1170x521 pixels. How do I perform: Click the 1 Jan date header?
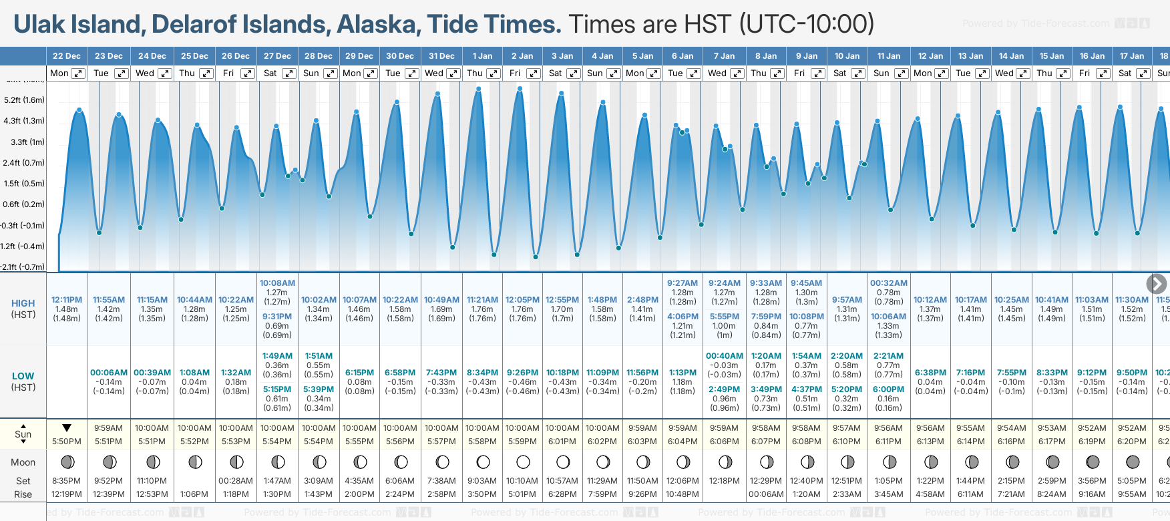[x=482, y=56]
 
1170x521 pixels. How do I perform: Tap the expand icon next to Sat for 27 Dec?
[x=289, y=73]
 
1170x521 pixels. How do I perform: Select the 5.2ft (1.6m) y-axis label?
[x=24, y=100]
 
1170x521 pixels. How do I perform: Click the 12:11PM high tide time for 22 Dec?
[x=67, y=300]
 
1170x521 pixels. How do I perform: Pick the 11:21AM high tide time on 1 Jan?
[x=482, y=300]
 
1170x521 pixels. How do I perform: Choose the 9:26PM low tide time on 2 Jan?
[x=522, y=373]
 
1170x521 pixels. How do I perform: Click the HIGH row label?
[x=23, y=303]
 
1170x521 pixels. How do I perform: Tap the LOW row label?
[x=23, y=376]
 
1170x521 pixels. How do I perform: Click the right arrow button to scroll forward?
[x=1157, y=284]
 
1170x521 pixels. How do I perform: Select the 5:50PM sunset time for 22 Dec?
[x=67, y=442]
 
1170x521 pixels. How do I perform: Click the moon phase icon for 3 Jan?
[x=563, y=462]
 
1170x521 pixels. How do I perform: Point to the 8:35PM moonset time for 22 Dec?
[x=67, y=481]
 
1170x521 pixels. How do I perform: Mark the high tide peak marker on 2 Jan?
[x=520, y=89]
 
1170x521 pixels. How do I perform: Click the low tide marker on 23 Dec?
[x=99, y=232]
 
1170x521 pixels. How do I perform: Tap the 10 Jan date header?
[x=847, y=56]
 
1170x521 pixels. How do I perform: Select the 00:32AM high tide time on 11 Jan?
[x=888, y=283]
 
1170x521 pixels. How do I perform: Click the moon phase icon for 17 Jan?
[x=1133, y=462]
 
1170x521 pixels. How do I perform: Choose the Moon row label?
[x=23, y=462]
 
